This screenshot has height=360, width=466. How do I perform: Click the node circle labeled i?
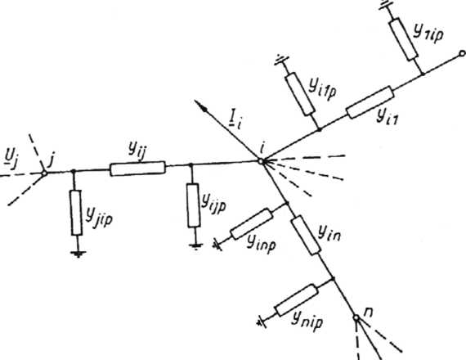click(x=262, y=161)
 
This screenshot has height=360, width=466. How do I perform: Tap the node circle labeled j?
click(x=44, y=173)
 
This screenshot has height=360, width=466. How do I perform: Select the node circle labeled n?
click(x=356, y=317)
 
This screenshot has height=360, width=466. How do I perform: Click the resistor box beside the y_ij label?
click(x=137, y=169)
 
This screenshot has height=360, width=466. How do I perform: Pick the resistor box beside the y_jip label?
click(x=76, y=213)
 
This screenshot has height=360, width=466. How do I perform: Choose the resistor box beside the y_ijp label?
click(x=194, y=205)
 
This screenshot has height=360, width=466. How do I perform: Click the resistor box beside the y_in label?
click(x=306, y=235)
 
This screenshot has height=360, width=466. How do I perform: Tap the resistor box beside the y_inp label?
click(x=252, y=224)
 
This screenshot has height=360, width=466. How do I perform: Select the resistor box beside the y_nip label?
click(x=297, y=300)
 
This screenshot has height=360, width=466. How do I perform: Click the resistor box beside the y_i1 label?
click(x=370, y=102)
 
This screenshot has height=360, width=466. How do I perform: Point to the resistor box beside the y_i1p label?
click(x=300, y=94)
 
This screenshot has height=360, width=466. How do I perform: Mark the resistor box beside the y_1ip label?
click(x=404, y=39)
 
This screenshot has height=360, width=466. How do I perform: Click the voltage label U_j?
click(x=10, y=161)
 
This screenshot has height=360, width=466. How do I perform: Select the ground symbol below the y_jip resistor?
click(x=78, y=254)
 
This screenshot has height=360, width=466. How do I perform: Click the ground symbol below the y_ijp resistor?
click(x=196, y=246)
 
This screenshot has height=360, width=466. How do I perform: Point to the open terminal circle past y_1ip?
click(x=462, y=53)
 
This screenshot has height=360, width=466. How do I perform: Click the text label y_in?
click(x=329, y=233)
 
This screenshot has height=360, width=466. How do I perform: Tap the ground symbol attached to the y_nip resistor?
click(x=262, y=322)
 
